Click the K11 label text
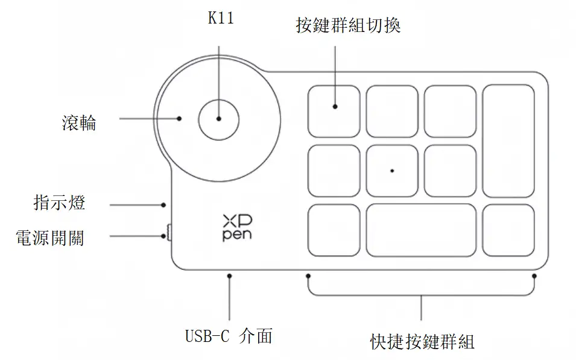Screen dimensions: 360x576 point(220,19)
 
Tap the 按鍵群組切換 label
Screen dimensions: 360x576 point(348,26)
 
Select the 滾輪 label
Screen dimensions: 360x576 point(79,123)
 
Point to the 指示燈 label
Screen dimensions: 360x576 point(59,203)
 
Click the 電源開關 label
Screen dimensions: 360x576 point(49,238)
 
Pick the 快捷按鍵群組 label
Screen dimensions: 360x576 point(422,342)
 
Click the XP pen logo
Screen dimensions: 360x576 point(237,227)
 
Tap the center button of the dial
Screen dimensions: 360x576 point(219,119)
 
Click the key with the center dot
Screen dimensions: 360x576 point(392,171)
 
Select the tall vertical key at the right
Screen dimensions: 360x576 point(508,141)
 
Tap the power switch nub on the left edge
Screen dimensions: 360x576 point(168,232)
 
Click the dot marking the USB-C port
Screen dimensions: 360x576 point(230,276)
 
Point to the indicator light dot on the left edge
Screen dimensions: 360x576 point(163,205)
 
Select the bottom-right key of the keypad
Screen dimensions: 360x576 point(508,230)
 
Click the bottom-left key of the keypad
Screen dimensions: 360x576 point(334,230)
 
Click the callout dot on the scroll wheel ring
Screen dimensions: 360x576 point(180,118)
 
